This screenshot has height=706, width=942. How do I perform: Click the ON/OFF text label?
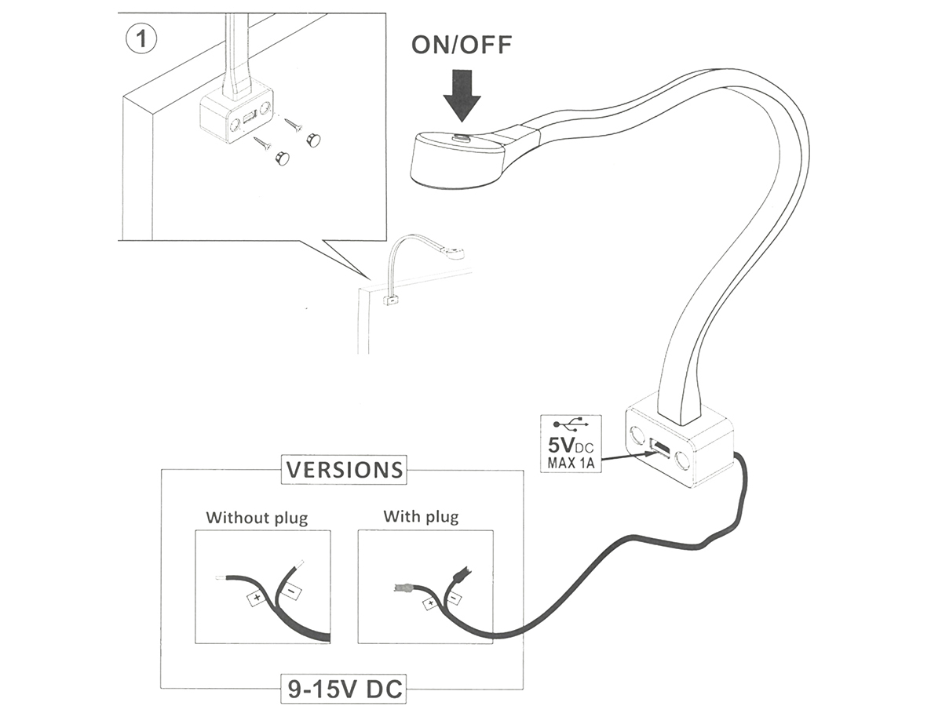[462, 45]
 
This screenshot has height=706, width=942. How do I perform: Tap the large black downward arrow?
[462, 96]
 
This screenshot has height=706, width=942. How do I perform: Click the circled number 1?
[141, 39]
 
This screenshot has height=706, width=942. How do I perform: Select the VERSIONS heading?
[345, 470]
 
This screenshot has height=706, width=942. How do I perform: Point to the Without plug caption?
[257, 518]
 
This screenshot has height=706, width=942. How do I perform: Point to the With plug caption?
[421, 517]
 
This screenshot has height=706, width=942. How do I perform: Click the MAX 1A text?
[571, 464]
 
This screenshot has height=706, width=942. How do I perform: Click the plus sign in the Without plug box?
[257, 598]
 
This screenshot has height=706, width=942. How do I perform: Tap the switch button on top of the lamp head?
[462, 138]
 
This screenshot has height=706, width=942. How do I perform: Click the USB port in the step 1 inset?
[250, 118]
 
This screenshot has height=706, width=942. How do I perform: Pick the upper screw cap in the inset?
[313, 140]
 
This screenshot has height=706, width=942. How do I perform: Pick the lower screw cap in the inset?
[281, 158]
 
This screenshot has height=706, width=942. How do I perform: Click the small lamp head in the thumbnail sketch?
[454, 253]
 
